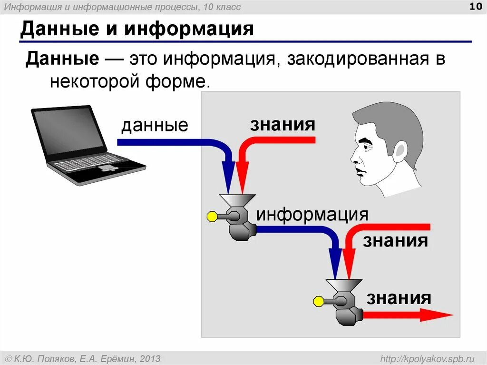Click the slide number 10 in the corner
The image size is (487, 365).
tap(475, 6)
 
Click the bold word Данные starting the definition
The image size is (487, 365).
tap(62, 59)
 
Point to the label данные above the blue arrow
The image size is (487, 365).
tap(155, 126)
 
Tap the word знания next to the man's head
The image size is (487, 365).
tap(282, 124)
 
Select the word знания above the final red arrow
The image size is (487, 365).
tap(399, 298)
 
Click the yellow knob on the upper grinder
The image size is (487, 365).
tap(212, 217)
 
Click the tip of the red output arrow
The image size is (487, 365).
tap(449, 315)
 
